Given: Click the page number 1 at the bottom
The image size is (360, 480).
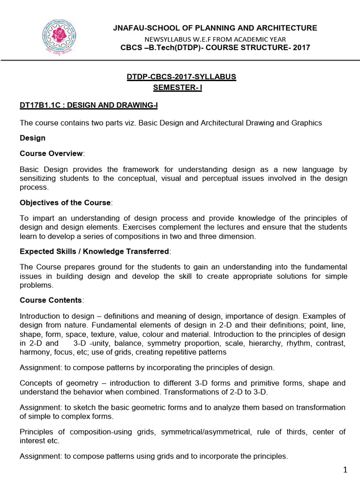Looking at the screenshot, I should click(x=345, y=469).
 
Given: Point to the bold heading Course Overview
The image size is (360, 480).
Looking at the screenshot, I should click(x=51, y=153).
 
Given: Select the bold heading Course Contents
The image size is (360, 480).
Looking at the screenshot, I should click(x=51, y=300).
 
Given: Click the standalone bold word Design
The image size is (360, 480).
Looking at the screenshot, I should click(x=32, y=138).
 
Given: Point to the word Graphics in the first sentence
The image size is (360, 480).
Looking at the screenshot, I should click(x=307, y=123).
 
